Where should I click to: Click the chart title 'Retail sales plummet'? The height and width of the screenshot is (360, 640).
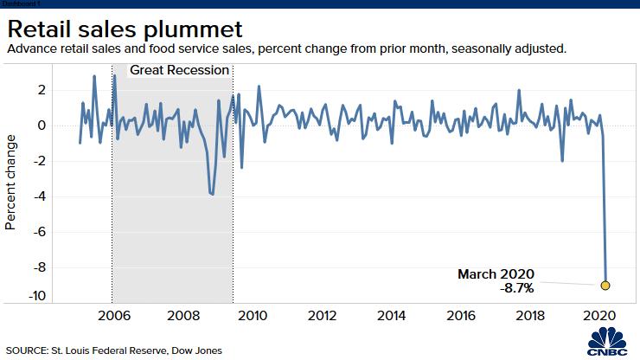(x=126, y=26)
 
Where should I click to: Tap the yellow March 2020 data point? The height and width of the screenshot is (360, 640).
(x=605, y=285)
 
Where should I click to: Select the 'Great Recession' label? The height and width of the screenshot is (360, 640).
(x=179, y=69)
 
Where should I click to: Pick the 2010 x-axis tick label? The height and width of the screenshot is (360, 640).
(x=252, y=315)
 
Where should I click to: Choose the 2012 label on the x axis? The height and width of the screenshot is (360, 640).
(x=322, y=315)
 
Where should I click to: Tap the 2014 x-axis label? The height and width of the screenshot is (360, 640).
(x=392, y=315)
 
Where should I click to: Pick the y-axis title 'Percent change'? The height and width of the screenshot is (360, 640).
(x=11, y=182)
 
